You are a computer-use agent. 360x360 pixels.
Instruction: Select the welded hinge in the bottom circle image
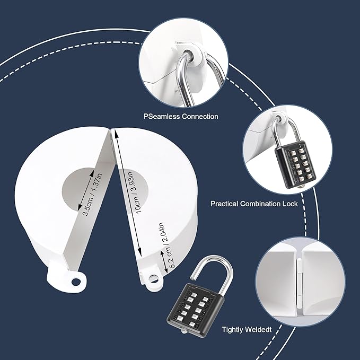[299, 281]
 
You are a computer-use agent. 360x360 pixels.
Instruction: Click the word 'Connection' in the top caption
[200, 116]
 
